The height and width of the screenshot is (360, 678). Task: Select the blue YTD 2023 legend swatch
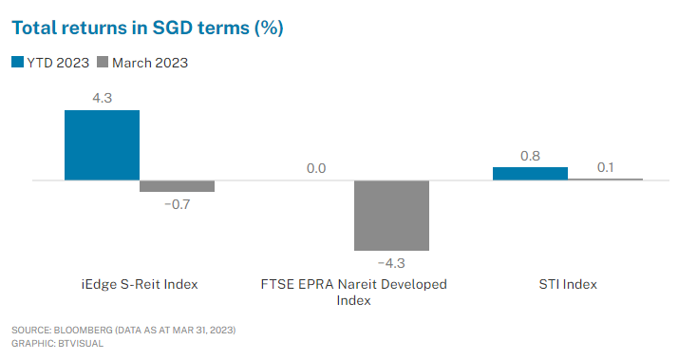18,63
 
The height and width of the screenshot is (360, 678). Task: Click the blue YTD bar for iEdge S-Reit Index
102,144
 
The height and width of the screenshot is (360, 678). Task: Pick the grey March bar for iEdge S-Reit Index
177,186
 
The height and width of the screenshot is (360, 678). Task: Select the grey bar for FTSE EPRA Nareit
391,215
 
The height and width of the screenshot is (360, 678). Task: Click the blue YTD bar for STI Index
530,173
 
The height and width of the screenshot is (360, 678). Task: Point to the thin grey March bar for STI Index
605,179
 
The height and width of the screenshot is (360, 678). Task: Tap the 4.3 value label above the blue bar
102,97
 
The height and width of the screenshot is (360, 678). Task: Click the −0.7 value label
177,204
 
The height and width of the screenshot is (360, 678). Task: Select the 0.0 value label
316,168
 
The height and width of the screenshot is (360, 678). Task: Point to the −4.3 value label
391,262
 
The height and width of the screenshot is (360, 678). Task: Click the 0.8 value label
530,154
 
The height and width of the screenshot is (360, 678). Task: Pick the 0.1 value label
605,167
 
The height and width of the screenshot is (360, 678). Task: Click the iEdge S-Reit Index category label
140,284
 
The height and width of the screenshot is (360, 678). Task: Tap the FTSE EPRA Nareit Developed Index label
353,292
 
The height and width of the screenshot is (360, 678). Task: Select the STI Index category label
567,284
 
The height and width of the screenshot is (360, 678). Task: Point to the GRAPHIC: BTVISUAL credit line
58,343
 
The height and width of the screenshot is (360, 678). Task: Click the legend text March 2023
150,63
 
